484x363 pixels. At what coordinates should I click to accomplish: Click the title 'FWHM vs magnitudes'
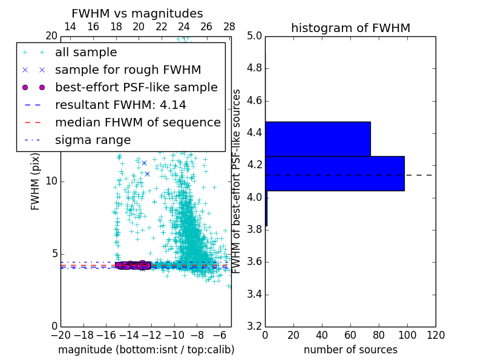pos(137,13)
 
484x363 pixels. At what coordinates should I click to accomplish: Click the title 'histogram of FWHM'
pos(350,28)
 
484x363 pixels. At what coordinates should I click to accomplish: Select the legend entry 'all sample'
pos(86,53)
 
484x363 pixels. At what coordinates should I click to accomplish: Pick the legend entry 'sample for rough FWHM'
pos(128,70)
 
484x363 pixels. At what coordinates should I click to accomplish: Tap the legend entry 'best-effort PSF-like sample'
pos(136,88)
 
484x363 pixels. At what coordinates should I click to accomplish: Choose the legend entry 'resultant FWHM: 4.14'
pos(120,105)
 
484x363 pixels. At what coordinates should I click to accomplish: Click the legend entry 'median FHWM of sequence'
pos(137,123)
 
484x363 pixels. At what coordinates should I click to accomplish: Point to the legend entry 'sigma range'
pos(93,140)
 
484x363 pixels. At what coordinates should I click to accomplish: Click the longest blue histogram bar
pos(335,174)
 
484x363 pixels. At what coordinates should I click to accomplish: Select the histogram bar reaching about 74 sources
pos(318,139)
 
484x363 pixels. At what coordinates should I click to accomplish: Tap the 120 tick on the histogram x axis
pos(436,335)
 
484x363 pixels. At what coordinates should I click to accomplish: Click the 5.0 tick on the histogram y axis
pos(254,36)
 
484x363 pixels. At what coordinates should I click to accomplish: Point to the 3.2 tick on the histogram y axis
pos(254,326)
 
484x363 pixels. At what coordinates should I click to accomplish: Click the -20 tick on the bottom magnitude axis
pos(60,335)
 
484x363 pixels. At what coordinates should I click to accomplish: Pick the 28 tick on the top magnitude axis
pos(229,27)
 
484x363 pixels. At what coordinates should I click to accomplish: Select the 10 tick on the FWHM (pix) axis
pos(51,181)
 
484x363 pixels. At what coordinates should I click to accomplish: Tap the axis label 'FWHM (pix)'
pos(36,181)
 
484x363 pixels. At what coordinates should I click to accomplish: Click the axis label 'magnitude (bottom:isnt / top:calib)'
pos(146,350)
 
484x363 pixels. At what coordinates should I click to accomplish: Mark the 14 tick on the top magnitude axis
pos(70,27)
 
